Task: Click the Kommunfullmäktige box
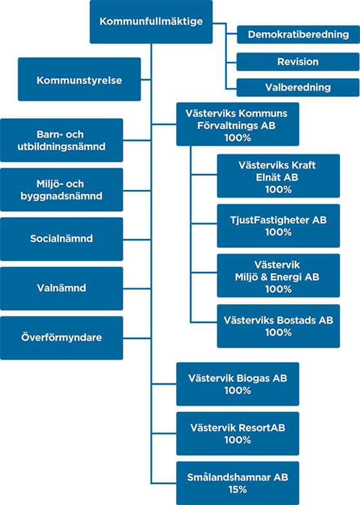(151, 22)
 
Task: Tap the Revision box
(298, 62)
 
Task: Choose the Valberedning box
(298, 87)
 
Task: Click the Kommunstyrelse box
(79, 80)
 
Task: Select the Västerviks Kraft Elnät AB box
(278, 176)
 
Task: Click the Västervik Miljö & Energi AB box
(278, 276)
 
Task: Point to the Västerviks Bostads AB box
(278, 325)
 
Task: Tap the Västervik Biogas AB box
(237, 384)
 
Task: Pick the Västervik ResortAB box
(237, 433)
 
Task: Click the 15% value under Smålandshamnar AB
(237, 490)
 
